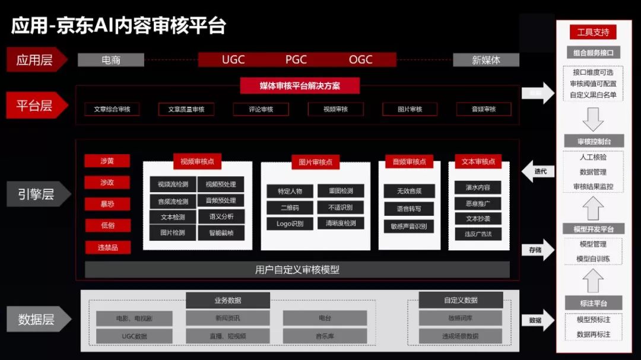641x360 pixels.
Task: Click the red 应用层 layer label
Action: click(35, 60)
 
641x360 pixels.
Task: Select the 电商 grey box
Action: click(111, 60)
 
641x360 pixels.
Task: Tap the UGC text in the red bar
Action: click(233, 60)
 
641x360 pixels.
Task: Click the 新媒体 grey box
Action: click(486, 60)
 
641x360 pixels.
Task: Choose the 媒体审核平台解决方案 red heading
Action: click(300, 85)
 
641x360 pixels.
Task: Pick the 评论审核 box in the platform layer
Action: click(261, 109)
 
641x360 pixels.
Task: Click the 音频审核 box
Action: click(484, 109)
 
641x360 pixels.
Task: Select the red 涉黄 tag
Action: click(107, 161)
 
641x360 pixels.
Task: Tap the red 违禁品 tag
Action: click(107, 247)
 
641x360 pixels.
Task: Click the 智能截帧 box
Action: click(221, 233)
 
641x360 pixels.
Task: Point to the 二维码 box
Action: click(290, 208)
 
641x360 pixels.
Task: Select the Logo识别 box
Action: click(290, 224)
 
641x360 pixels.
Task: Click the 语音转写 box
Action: click(410, 209)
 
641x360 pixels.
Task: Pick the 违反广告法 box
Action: click(478, 234)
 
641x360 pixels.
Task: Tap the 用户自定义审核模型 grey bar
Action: click(297, 270)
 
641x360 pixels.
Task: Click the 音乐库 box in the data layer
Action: click(325, 336)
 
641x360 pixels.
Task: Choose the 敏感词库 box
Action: click(460, 318)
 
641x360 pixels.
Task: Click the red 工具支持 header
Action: click(593, 32)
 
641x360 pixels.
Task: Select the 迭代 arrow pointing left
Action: click(538, 172)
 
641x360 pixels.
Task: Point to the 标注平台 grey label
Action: click(593, 303)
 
